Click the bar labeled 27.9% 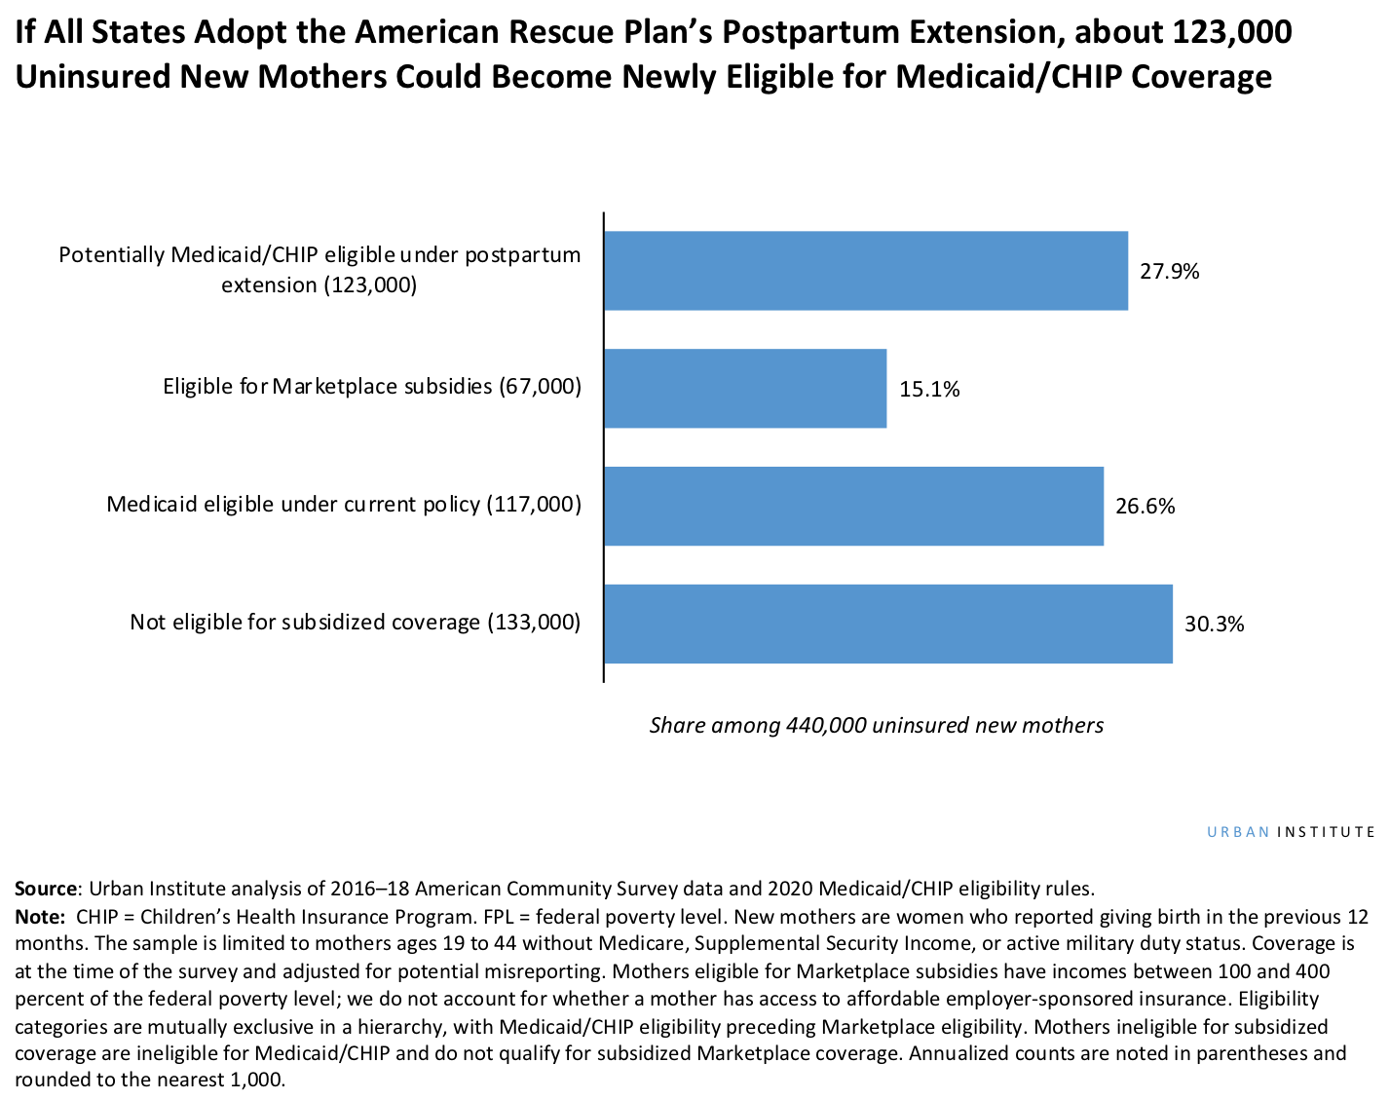pos(865,271)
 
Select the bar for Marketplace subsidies pos(745,389)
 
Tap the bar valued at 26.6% pos(853,506)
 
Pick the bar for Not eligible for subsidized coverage pos(887,624)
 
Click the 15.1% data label pos(929,390)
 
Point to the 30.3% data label pos(1214,625)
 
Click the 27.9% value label pos(1169,272)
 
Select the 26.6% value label pos(1145,507)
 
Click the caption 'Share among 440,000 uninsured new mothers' pos(876,725)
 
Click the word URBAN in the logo pos(1238,832)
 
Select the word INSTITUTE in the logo pos(1326,832)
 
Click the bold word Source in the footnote pos(45,889)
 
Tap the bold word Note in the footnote pos(37,917)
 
